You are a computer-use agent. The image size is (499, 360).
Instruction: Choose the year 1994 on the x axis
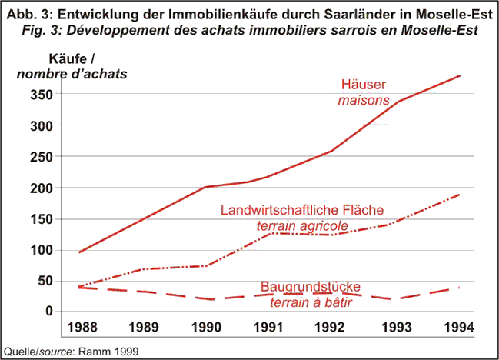tap(459, 327)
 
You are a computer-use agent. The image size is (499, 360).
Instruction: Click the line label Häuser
tap(364, 85)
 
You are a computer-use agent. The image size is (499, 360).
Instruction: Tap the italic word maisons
tap(364, 100)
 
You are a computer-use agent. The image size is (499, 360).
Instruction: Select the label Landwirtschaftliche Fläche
tap(301, 210)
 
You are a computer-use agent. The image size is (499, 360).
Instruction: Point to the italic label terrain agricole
tap(301, 225)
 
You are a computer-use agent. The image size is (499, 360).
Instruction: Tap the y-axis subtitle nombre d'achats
tap(72, 74)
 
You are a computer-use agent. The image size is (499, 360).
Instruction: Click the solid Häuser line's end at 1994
tap(460, 76)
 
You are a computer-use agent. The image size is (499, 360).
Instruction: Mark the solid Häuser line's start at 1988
tap(78, 252)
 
